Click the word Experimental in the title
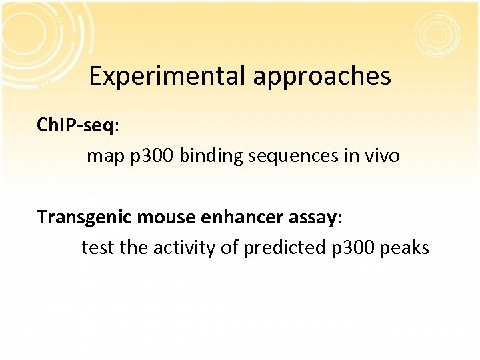tap(167, 77)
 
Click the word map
tap(101, 157)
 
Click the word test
tap(98, 248)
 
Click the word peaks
tap(405, 248)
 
